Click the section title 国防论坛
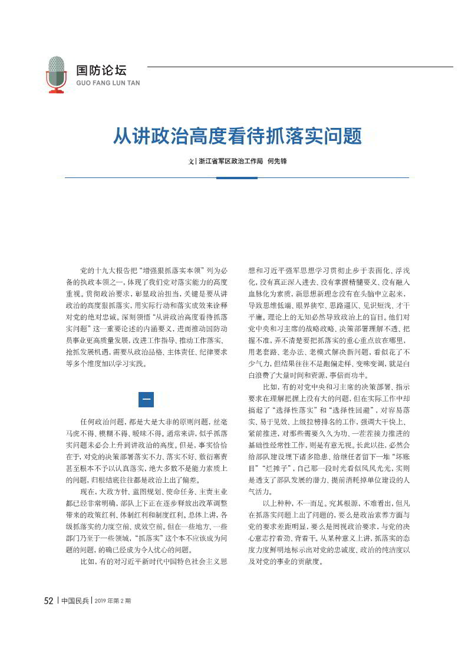click(101, 70)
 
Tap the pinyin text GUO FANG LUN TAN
click(108, 83)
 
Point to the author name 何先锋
click(277, 160)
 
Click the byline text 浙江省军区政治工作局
click(230, 160)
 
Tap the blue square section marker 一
click(146, 399)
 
